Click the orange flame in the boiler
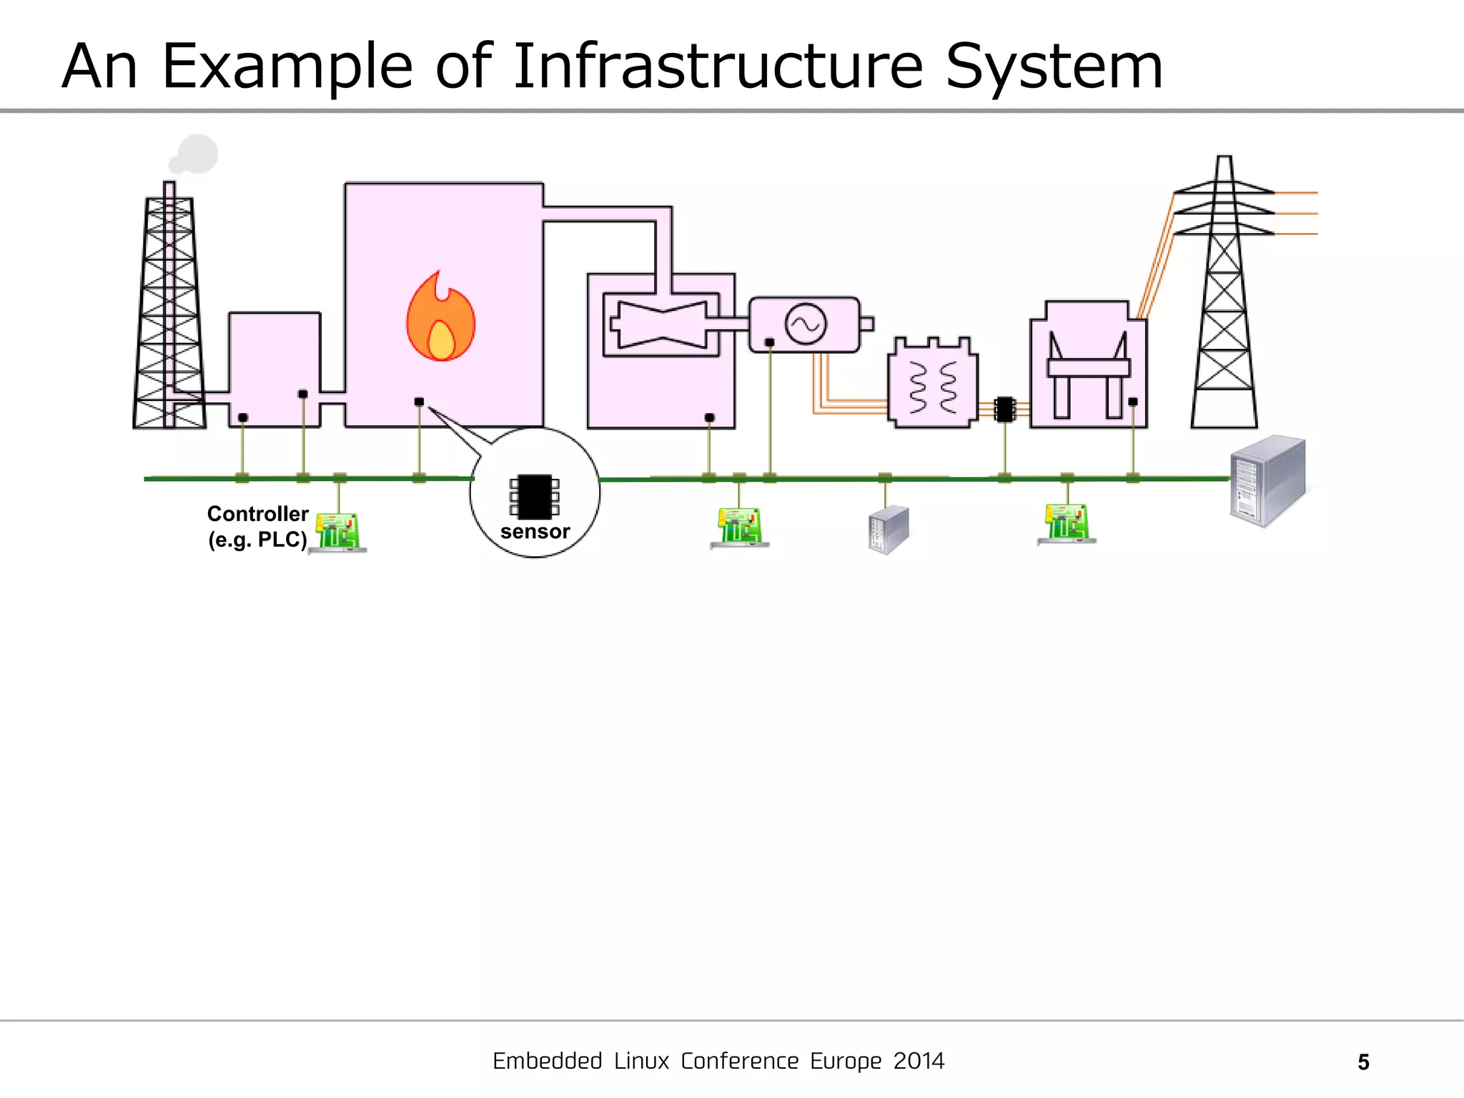[x=440, y=318]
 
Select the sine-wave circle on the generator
[x=806, y=324]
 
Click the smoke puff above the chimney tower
[x=194, y=154]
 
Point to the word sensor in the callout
[x=535, y=532]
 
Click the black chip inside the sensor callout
[x=534, y=496]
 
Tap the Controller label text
[x=257, y=514]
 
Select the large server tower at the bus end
[x=1267, y=480]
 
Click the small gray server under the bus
[x=889, y=530]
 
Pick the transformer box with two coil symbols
[x=932, y=384]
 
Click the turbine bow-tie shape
[x=662, y=325]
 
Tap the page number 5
[x=1363, y=1062]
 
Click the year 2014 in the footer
[x=919, y=1061]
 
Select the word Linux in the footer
[x=641, y=1061]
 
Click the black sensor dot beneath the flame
[x=419, y=402]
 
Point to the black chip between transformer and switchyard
[x=1004, y=410]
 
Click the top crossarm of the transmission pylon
[x=1224, y=189]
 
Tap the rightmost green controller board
[x=1067, y=524]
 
